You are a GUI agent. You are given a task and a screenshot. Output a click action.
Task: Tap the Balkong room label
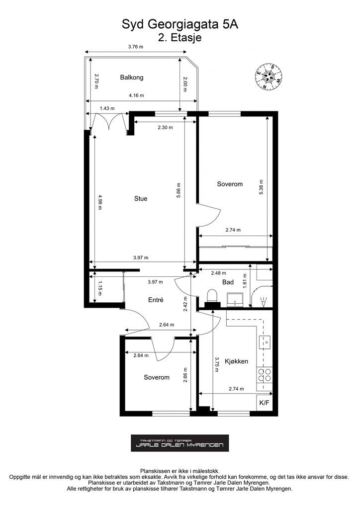[131, 77]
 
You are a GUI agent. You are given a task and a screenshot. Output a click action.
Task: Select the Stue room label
[141, 198]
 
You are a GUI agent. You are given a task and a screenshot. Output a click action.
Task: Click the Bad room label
[228, 282]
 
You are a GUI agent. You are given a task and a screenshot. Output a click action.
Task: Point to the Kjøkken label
[236, 361]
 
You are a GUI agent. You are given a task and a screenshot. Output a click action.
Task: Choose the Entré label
[156, 300]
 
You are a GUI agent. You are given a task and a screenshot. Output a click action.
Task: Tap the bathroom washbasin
[235, 299]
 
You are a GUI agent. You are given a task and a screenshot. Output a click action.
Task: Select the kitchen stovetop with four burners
[264, 375]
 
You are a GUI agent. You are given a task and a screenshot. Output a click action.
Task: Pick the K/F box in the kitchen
[264, 403]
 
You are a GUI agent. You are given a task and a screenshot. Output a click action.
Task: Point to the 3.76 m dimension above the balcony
[136, 46]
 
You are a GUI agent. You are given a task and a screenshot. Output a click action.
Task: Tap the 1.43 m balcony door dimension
[107, 108]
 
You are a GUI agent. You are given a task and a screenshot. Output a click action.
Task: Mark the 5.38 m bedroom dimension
[261, 187]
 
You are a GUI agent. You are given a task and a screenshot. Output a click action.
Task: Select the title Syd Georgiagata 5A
[180, 24]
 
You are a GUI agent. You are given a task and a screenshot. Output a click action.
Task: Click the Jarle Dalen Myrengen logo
[180, 443]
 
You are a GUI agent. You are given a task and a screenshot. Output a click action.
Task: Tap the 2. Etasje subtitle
[180, 37]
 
